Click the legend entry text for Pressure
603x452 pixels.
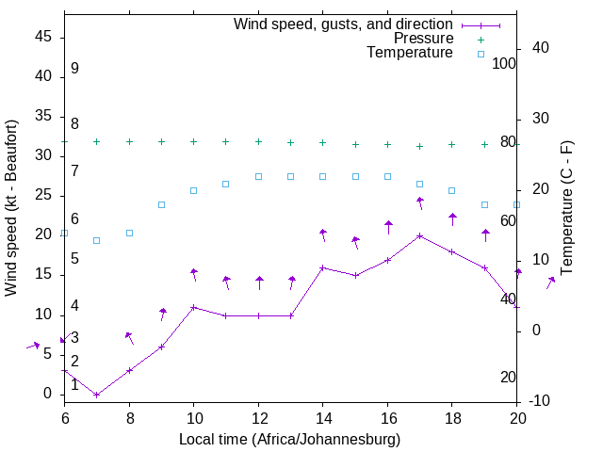tap(423, 39)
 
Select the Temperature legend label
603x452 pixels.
tap(410, 54)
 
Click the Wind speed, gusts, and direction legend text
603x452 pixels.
tap(343, 24)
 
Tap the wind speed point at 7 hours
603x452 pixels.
tap(97, 395)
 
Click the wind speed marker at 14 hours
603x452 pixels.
tap(323, 267)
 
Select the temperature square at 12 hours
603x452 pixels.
tap(258, 176)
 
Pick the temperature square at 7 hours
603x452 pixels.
tap(97, 240)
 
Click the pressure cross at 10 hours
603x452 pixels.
tap(194, 141)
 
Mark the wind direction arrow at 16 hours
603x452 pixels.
tap(388, 227)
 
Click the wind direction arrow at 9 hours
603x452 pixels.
tap(162, 314)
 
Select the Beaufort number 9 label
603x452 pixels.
tap(74, 69)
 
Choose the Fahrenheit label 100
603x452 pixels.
tap(504, 63)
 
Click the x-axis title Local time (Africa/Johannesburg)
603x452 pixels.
tap(290, 440)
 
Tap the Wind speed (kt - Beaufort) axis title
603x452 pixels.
tap(12, 207)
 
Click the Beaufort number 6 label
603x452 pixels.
tap(74, 218)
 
